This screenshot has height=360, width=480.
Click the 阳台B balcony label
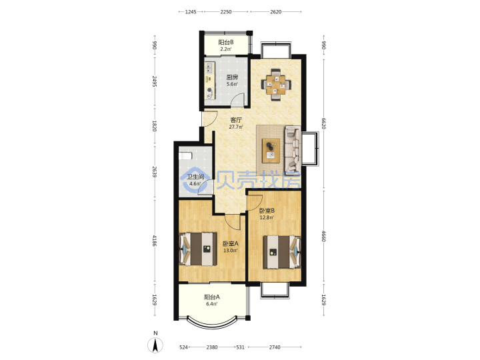226,43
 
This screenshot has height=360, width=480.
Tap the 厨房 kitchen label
232,77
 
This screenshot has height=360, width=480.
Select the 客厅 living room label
236,120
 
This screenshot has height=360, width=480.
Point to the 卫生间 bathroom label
195,177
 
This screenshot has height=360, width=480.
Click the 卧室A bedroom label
230,244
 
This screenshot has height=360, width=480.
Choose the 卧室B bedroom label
267,211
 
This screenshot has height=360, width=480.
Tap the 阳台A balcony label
212,297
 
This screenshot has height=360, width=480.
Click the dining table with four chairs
276,85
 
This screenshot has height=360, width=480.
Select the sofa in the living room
293,149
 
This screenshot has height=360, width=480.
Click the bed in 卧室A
198,249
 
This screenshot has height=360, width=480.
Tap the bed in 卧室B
282,252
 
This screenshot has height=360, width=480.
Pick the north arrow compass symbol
155,345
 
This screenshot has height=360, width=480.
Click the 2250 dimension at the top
226,12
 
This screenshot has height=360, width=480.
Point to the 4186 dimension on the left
155,241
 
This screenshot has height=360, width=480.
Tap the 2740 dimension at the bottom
275,347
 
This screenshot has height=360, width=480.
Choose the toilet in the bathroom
185,156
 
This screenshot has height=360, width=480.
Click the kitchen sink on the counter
209,67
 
